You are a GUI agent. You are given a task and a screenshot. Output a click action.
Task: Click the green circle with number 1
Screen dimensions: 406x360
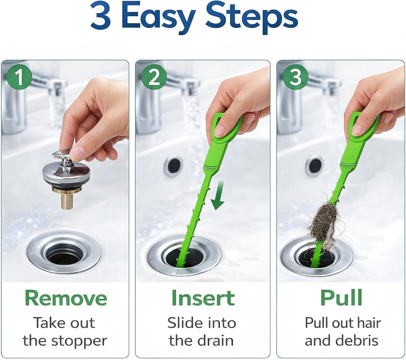pyautogui.click(x=19, y=77)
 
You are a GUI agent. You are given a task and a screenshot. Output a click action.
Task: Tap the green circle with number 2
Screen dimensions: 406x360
pyautogui.click(x=154, y=77)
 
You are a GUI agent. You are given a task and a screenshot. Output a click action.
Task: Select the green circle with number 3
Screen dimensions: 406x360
pyautogui.click(x=295, y=77)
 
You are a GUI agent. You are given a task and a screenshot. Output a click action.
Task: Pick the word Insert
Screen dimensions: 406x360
pyautogui.click(x=203, y=298)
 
